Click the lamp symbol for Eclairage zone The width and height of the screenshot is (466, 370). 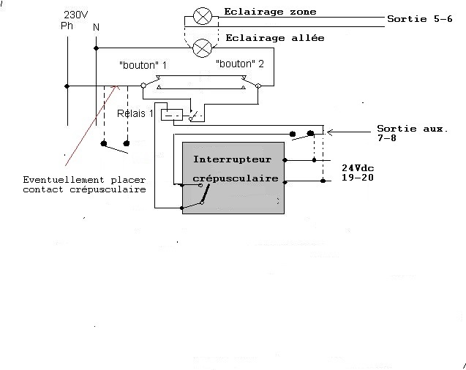click(x=203, y=16)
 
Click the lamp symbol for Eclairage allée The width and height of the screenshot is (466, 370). click(x=203, y=48)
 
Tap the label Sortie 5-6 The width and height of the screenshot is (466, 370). click(x=420, y=19)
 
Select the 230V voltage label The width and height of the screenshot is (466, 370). click(x=76, y=15)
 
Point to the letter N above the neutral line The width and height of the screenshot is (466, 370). click(x=96, y=27)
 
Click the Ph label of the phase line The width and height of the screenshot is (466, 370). click(x=67, y=26)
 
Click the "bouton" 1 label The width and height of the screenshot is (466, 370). click(x=143, y=65)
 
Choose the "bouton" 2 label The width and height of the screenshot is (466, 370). click(x=239, y=64)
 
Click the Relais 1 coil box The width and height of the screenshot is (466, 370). click(x=172, y=115)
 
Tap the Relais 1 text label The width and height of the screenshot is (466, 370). click(x=135, y=113)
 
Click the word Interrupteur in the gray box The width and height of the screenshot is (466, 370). click(x=232, y=159)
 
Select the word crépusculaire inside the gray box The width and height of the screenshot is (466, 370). click(x=236, y=178)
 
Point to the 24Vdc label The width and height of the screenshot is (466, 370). click(x=358, y=167)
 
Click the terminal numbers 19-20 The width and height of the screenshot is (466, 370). click(x=357, y=178)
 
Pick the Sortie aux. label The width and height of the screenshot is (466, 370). click(x=412, y=129)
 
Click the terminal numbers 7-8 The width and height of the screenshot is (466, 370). click(x=387, y=137)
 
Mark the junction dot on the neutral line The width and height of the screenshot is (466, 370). click(x=96, y=48)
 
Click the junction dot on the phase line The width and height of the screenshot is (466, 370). click(x=67, y=86)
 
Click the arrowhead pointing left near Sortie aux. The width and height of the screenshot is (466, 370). click(x=329, y=132)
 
